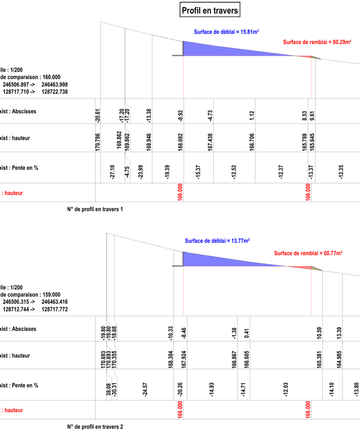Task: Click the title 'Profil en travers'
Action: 209,9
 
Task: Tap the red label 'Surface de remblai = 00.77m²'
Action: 308,253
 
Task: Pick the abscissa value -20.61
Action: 98,116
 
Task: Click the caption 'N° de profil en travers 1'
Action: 94,209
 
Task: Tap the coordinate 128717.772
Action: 54,309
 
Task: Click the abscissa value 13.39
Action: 339,333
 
